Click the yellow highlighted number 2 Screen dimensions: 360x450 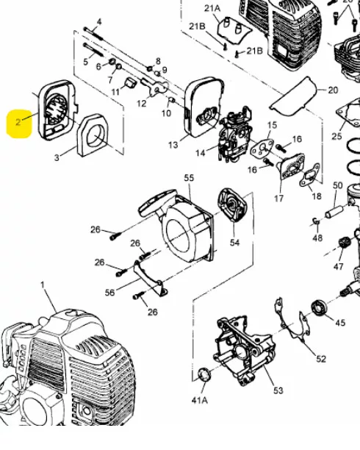18,122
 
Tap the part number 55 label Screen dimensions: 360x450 189,178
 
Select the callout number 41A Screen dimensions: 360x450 199,400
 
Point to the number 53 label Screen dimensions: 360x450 278,390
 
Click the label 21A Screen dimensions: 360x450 212,8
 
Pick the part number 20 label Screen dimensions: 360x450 333,90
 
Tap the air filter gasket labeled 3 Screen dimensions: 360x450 93,135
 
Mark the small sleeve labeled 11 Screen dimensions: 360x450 131,83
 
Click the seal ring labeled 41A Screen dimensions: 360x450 204,374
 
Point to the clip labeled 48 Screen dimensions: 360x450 315,221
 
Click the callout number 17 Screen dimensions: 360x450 279,199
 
